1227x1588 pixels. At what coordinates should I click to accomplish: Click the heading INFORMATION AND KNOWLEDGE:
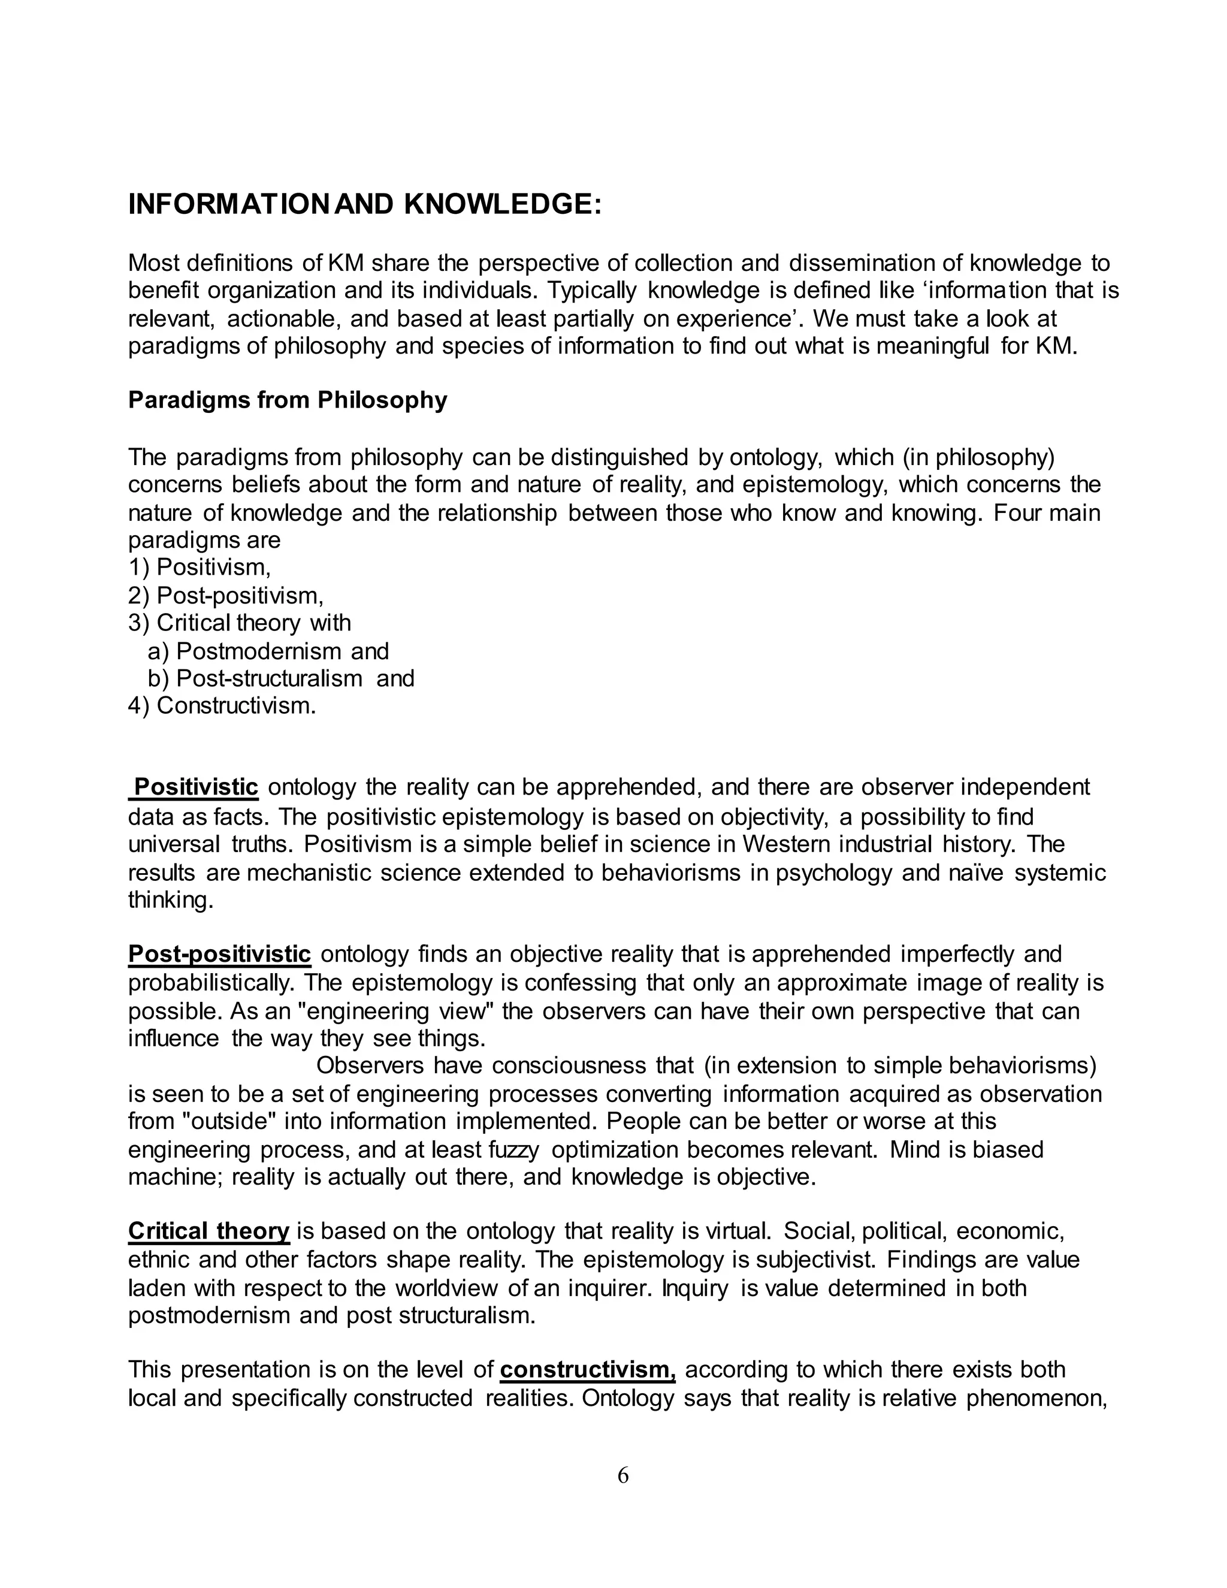click(365, 205)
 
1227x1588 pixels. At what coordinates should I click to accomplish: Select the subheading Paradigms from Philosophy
click(287, 400)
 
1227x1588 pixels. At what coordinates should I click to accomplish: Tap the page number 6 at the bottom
click(623, 1475)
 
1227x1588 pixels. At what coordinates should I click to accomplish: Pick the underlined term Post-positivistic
click(219, 954)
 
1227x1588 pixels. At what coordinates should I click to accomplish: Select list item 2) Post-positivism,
click(225, 596)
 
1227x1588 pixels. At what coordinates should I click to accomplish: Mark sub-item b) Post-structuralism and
click(280, 678)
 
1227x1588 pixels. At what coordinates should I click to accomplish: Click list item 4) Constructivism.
click(222, 706)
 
